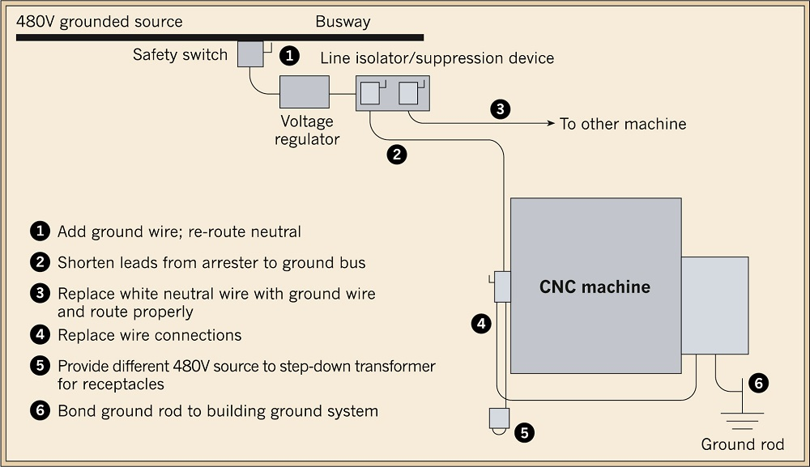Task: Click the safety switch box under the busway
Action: pos(250,53)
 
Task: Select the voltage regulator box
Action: pos(305,91)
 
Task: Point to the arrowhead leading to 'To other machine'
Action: pos(551,123)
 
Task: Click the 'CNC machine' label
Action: pos(595,287)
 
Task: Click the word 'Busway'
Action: pos(343,22)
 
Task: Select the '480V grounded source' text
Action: pos(99,22)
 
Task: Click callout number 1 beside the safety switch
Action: pos(289,55)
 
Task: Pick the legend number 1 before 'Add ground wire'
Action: pos(40,231)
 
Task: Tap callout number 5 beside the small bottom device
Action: pos(524,432)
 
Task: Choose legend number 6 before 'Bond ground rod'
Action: pos(40,411)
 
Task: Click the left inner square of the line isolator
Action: pos(370,93)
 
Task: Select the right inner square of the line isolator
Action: pos(408,93)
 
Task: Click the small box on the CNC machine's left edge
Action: pos(503,287)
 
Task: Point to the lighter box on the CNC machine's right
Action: pos(715,305)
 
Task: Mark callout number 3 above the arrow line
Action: pos(500,109)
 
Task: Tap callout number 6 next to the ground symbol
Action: pos(758,384)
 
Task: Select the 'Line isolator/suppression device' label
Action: pos(437,57)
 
